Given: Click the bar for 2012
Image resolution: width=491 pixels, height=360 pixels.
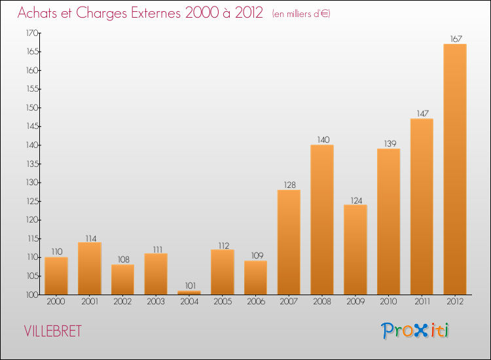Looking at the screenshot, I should click(x=455, y=169).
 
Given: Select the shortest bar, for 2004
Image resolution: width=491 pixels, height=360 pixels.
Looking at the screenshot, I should click(x=189, y=293).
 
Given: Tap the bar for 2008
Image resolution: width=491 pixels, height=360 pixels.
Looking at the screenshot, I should click(x=322, y=219).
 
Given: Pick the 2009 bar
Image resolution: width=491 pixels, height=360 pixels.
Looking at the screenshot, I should click(x=355, y=249).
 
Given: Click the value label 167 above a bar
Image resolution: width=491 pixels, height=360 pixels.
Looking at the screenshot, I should click(x=455, y=39).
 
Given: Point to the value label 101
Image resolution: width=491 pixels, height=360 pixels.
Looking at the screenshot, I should click(x=189, y=285).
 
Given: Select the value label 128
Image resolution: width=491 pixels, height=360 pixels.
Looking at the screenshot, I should click(x=289, y=185).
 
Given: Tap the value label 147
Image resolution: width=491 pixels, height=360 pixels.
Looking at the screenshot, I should click(x=422, y=113).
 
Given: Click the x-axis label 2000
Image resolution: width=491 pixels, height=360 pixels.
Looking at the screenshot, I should click(x=56, y=302).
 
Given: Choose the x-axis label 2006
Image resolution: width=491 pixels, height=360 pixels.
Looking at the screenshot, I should click(x=255, y=302).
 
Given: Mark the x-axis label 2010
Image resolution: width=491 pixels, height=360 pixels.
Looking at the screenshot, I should click(x=388, y=302).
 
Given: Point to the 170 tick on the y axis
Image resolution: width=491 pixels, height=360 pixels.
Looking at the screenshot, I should click(x=30, y=33).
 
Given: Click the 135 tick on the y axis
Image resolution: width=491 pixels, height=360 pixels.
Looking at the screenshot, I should click(x=30, y=164).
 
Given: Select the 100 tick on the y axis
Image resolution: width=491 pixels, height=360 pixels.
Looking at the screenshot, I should click(x=30, y=295).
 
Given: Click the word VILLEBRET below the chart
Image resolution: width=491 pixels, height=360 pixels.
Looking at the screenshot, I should click(x=53, y=331).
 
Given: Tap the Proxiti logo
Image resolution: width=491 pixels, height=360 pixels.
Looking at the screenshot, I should click(x=415, y=331).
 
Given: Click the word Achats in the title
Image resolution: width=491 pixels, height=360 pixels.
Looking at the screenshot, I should click(x=41, y=13).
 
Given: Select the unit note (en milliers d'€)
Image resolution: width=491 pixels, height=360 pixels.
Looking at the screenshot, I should click(x=301, y=14).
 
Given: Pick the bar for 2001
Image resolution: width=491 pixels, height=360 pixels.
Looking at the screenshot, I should click(x=90, y=268).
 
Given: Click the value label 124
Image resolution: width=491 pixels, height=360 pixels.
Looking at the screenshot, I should click(x=355, y=200).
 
